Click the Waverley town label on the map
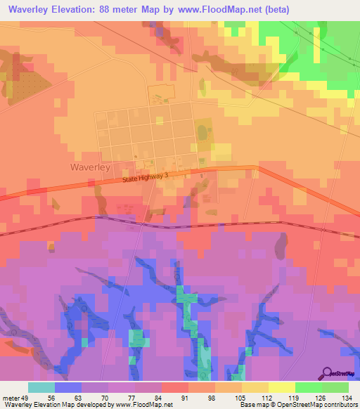click(x=89, y=167)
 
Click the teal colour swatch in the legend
click(x=41, y=387)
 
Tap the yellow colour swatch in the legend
click(x=282, y=387)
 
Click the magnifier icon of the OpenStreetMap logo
click(x=326, y=373)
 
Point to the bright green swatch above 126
click(x=309, y=387)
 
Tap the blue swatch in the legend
click(x=68, y=387)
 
